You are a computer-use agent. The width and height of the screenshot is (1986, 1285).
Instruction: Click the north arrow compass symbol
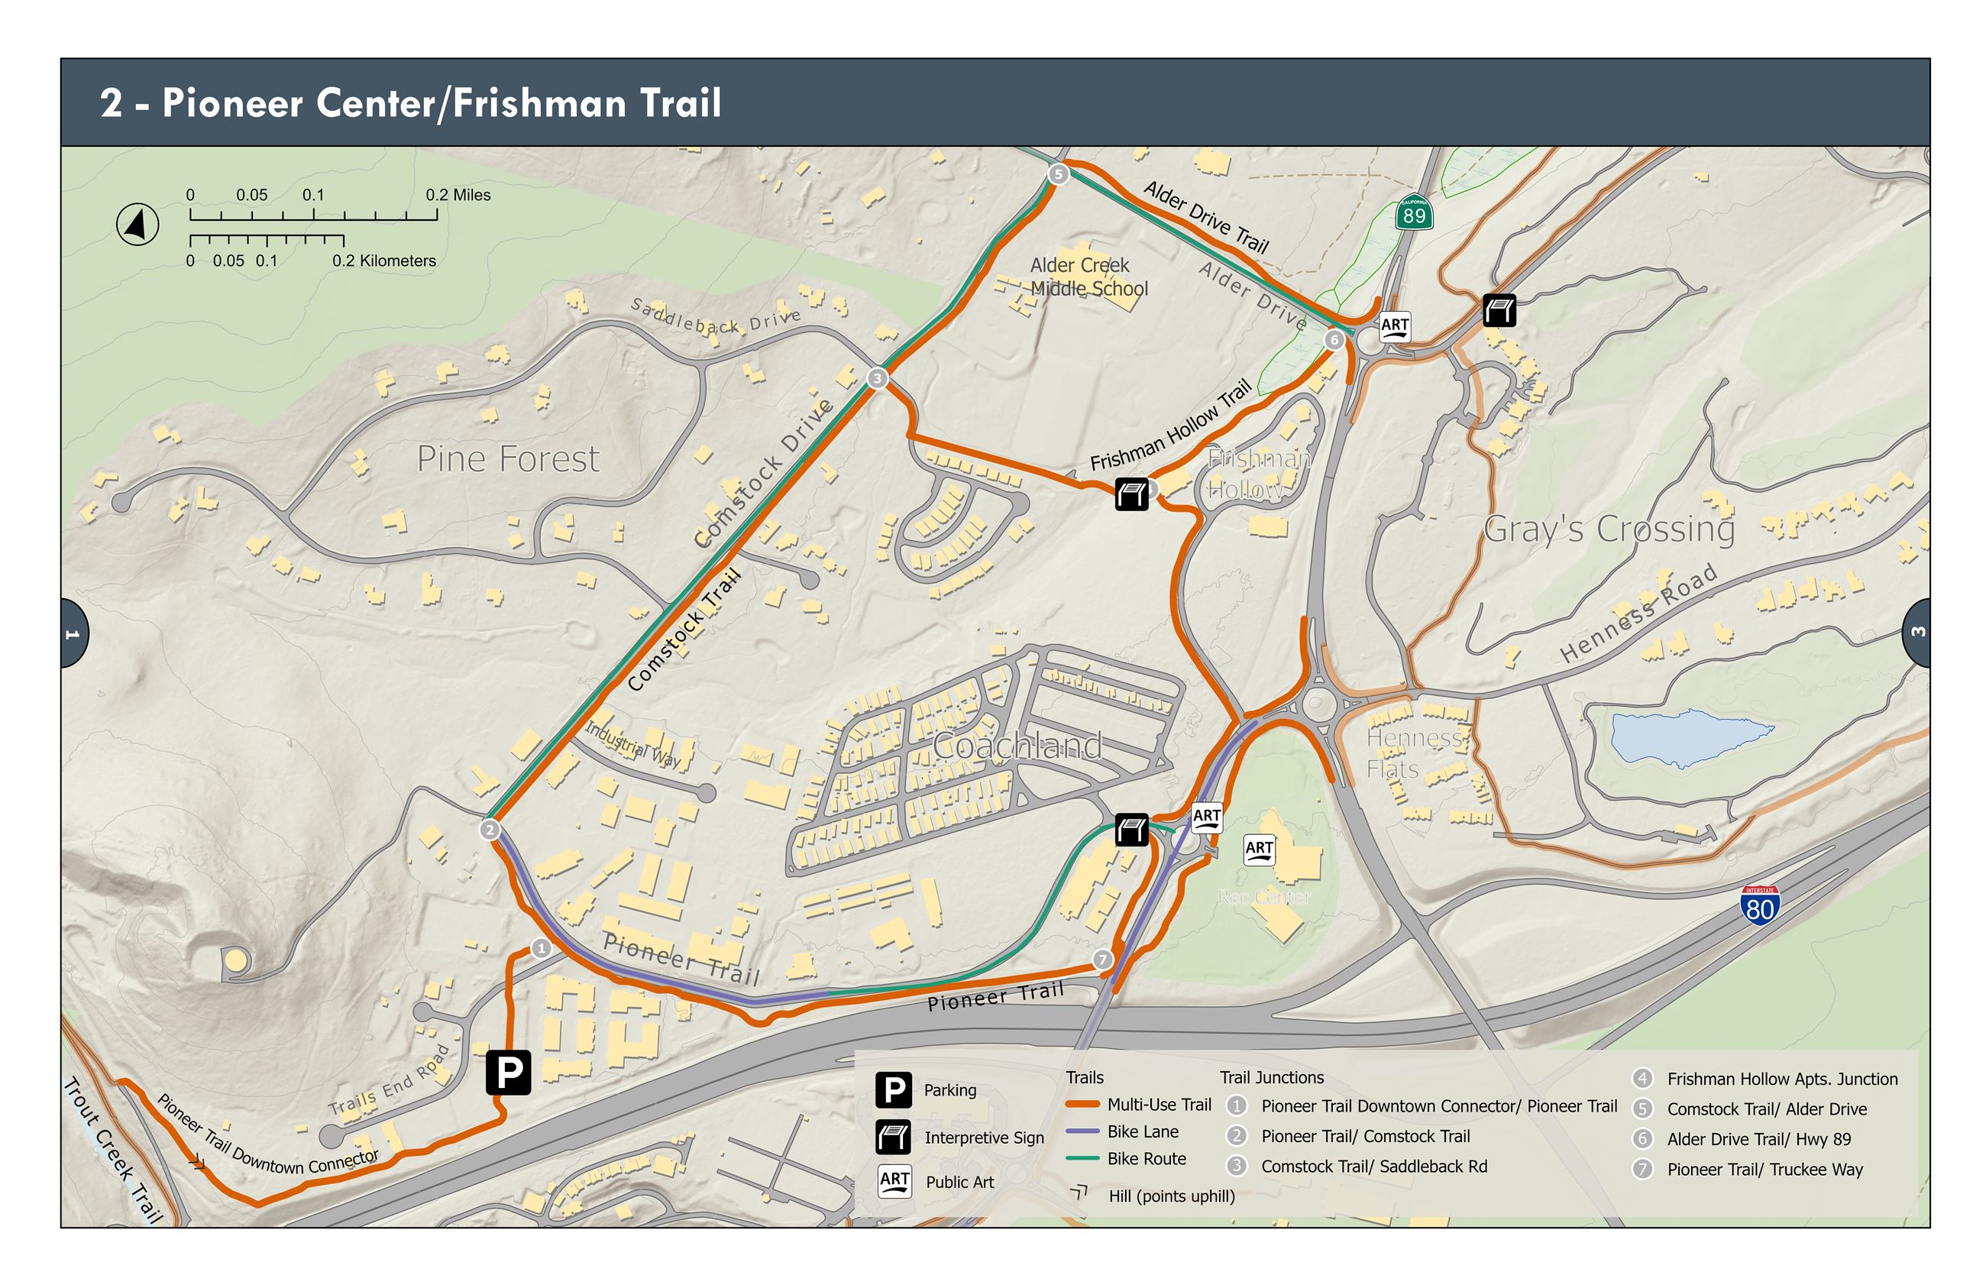(x=137, y=225)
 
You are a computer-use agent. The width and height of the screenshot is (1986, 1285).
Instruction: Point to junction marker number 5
(x=1058, y=173)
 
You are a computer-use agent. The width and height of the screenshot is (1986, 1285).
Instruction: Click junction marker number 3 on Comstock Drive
(x=877, y=379)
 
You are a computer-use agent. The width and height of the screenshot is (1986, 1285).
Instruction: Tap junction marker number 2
(x=490, y=830)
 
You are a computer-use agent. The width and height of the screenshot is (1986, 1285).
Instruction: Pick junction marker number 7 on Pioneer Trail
(x=1102, y=960)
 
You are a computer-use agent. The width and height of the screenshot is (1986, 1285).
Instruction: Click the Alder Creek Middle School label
(x=1088, y=277)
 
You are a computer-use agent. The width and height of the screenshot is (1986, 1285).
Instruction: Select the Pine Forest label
(x=507, y=459)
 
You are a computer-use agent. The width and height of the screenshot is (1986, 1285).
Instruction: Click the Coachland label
(x=1016, y=745)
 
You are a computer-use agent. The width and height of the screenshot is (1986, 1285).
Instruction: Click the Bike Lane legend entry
(x=1142, y=1131)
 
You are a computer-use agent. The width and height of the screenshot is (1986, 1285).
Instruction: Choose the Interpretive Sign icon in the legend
(x=894, y=1137)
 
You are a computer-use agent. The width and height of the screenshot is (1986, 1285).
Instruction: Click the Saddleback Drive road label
(x=715, y=316)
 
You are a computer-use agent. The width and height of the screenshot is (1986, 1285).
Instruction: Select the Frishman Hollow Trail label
(x=1170, y=426)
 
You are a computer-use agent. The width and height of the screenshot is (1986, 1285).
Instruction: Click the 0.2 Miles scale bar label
(x=458, y=196)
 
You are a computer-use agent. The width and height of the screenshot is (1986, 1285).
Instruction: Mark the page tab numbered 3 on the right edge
(x=1917, y=632)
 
